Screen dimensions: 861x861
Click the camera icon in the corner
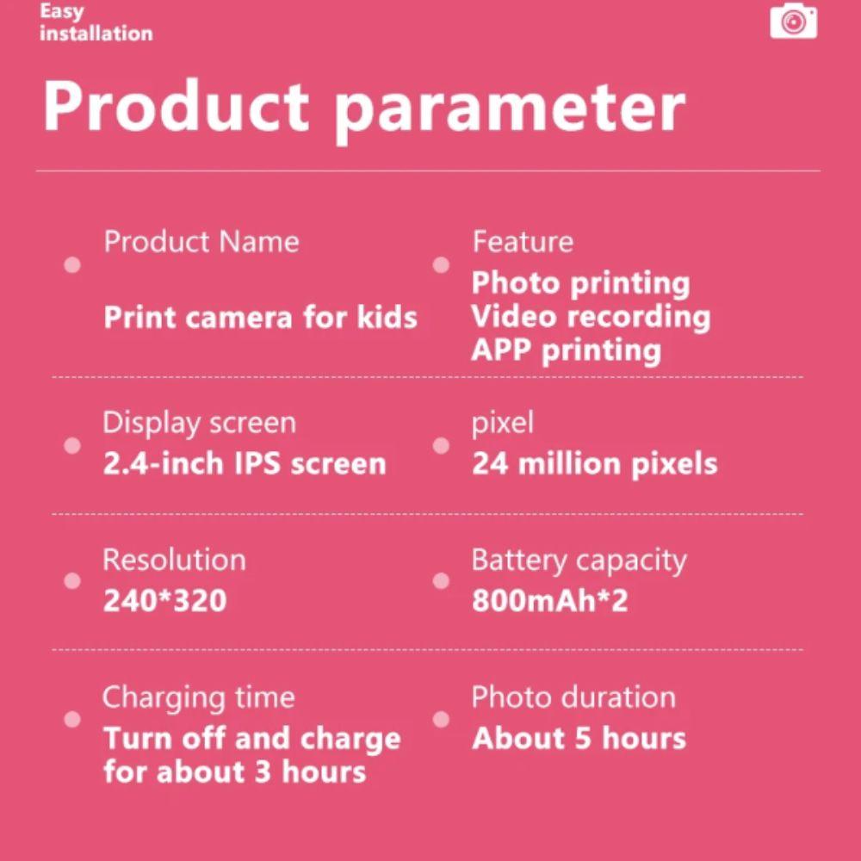coord(793,21)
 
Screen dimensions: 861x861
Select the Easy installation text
coord(96,23)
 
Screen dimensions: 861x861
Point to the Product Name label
coord(201,242)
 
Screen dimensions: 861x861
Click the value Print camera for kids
coord(260,318)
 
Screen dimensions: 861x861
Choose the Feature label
coord(522,242)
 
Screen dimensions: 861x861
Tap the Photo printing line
coord(580,283)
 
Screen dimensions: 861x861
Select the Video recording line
coord(591,317)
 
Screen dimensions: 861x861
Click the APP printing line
coord(566,350)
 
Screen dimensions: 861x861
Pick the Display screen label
coord(199,423)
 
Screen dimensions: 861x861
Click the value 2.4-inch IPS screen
coord(245,464)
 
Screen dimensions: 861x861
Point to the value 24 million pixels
coord(594,464)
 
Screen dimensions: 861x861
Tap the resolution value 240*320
coord(164,600)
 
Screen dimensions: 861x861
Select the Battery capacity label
coord(579,561)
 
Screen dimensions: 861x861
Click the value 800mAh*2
coord(549,600)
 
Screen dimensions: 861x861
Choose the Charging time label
coord(198,697)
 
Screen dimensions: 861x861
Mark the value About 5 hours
coord(579,738)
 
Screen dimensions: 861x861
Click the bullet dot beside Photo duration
coord(441,718)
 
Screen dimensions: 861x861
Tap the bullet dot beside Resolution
coord(72,581)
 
